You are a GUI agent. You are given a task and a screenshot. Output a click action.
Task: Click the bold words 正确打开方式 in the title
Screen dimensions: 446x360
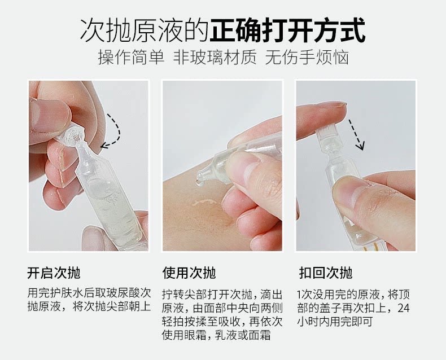click(x=287, y=30)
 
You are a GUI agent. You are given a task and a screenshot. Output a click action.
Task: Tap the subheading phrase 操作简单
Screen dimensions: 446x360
click(x=131, y=57)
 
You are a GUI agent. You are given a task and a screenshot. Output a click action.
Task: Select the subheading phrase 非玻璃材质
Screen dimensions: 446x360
click(x=215, y=57)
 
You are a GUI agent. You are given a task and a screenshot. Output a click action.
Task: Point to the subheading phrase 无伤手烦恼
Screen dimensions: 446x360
click(x=307, y=57)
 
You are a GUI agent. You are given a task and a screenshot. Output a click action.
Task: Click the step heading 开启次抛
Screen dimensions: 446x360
click(x=54, y=273)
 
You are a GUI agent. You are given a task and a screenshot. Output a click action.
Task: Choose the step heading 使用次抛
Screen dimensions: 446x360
click(x=189, y=273)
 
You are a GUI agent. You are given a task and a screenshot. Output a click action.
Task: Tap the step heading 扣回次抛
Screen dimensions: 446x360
click(x=326, y=273)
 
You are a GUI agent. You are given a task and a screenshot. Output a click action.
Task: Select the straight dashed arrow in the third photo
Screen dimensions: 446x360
click(x=356, y=134)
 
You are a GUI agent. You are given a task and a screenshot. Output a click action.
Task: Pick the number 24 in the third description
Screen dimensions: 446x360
click(x=403, y=308)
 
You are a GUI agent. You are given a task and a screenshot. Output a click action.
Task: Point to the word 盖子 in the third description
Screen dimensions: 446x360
click(x=334, y=308)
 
